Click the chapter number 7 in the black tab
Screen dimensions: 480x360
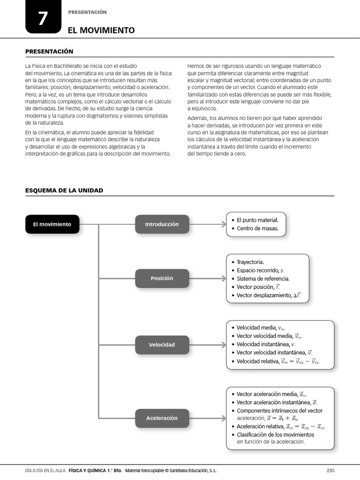pos(43,18)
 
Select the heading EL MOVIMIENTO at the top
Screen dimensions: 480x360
pos(101,30)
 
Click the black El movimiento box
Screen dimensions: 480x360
pos(52,224)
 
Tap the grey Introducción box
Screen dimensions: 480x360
pos(162,224)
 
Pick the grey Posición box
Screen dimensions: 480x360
pos(162,278)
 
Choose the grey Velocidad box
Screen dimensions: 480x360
pos(162,345)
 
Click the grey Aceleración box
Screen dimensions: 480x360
pos(162,418)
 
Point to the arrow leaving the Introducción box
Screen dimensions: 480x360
pos(208,224)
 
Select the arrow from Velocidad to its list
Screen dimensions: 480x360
pos(208,345)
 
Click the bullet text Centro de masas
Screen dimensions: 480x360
pos(257,229)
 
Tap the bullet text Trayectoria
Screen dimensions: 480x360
pos(250,262)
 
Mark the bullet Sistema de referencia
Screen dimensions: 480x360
pos(263,279)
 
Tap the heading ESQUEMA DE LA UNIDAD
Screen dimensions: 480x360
pos(64,190)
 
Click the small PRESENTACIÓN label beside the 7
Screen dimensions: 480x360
pos(87,12)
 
